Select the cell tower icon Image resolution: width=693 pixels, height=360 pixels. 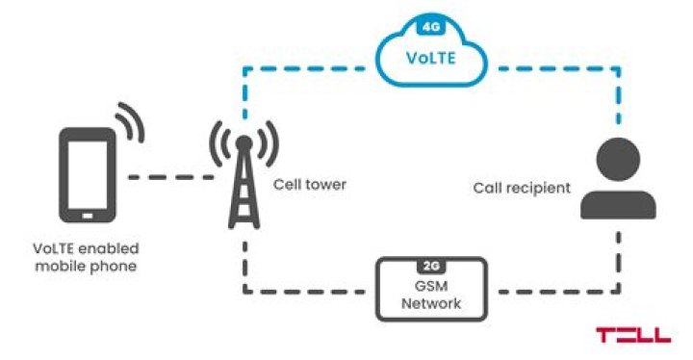click(x=244, y=178)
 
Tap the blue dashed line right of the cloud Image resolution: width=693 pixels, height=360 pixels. click(x=549, y=67)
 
